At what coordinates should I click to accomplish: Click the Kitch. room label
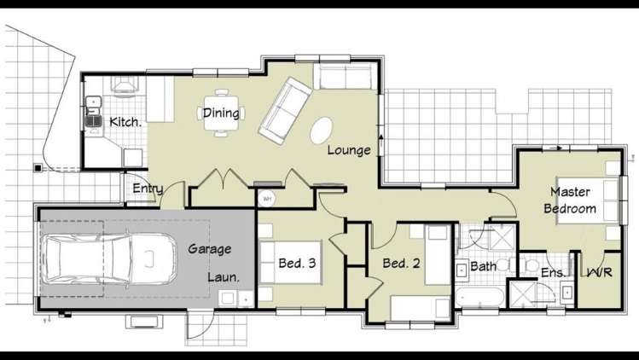(125, 122)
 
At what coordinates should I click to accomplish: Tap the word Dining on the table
(221, 113)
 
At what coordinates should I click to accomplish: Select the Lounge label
(349, 150)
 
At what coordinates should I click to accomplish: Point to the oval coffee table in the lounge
(321, 130)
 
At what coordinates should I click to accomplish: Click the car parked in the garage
(109, 258)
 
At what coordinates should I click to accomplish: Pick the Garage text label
(210, 249)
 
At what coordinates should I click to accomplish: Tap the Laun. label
(224, 277)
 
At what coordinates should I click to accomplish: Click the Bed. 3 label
(297, 263)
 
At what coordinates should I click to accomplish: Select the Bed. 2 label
(401, 263)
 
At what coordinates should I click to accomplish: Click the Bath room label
(484, 266)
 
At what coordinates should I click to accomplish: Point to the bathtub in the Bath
(479, 297)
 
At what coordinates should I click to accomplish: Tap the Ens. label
(553, 273)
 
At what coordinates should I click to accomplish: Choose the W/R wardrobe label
(599, 272)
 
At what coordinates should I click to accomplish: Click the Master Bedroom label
(570, 200)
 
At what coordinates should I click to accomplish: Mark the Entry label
(148, 189)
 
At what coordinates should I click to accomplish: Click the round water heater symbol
(267, 199)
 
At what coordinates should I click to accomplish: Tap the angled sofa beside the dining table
(284, 111)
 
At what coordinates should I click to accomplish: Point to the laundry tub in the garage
(228, 299)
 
